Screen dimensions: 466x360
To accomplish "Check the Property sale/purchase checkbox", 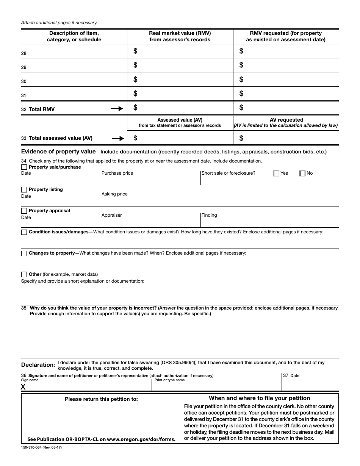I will [24, 167].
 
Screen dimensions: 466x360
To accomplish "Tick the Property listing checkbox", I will [24, 189].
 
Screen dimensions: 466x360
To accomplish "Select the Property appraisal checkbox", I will [24, 211].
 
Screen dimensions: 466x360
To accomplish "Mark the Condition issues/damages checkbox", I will [24, 232].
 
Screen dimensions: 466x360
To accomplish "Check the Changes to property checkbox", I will [24, 253].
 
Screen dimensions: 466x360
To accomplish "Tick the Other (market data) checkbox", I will [24, 274].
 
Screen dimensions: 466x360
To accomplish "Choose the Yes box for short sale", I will [276, 174].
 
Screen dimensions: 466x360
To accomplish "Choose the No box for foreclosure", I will [302, 174].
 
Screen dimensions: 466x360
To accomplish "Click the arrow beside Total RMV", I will [117, 109].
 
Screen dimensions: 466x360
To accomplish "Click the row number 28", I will [24, 53].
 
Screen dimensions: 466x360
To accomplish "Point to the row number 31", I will [24, 95].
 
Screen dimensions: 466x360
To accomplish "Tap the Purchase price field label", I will [117, 173].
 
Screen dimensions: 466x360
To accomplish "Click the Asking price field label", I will [115, 194].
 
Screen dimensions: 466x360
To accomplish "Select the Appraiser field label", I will [112, 215].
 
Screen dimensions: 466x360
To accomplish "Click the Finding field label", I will [209, 215].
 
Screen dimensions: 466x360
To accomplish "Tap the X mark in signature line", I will [23, 387].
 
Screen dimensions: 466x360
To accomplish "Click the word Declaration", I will [38, 365].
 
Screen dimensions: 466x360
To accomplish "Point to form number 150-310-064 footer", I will [41, 447].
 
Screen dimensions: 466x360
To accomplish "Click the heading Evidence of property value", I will [58, 152].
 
